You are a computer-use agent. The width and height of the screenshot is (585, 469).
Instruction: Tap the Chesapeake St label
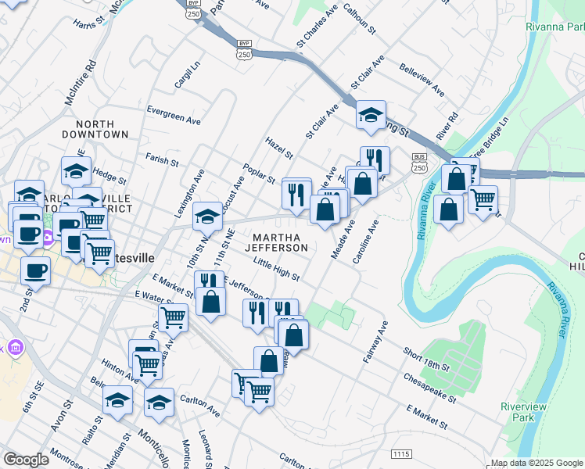click(430, 387)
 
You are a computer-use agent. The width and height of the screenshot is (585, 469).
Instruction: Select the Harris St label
click(90, 24)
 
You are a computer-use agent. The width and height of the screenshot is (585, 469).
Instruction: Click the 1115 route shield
click(400, 453)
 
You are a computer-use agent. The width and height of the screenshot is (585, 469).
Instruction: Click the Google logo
click(26, 460)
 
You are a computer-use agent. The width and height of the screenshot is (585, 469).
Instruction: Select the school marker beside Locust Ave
click(207, 214)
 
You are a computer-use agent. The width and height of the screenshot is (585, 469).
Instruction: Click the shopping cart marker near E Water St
click(173, 317)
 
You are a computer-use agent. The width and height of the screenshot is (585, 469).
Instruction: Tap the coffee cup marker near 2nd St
click(34, 271)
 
